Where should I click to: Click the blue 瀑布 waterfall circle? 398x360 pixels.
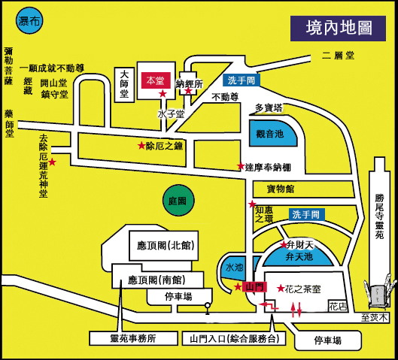[29, 20]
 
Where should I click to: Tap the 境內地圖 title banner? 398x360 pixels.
[338, 29]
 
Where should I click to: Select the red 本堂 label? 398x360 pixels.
[156, 80]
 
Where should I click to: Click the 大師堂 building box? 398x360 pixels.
[124, 85]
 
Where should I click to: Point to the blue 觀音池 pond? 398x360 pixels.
[272, 133]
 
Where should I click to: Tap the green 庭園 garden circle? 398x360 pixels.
[178, 200]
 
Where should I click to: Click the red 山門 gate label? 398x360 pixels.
[254, 287]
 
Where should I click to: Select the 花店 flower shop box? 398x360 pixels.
[338, 306]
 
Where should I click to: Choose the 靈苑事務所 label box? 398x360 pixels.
[133, 338]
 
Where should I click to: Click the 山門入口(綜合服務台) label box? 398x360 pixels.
[234, 338]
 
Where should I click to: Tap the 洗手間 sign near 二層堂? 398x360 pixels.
[242, 80]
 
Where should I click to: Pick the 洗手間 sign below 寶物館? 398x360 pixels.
[307, 214]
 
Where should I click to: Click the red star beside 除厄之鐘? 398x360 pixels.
[141, 145]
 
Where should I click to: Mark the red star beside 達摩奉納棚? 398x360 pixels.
[241, 166]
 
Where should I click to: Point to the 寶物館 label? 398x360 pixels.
[281, 189]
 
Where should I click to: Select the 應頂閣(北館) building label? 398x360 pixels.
[166, 245]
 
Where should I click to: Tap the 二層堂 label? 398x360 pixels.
[338, 56]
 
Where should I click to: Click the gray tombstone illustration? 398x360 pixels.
[380, 295]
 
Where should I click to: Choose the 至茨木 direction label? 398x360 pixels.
[375, 317]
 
